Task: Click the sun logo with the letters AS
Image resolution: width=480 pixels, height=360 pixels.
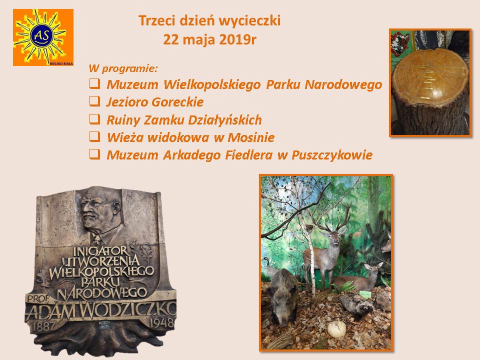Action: tap(43, 37)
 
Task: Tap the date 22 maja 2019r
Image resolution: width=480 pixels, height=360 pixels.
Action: tap(209, 39)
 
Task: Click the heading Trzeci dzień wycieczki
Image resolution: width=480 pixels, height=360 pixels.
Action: tap(209, 20)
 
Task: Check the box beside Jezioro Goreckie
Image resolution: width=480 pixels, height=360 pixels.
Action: tap(94, 101)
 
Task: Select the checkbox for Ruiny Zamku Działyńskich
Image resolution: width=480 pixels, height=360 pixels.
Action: tap(94, 119)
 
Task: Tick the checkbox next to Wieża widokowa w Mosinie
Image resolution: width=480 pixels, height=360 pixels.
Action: tap(94, 136)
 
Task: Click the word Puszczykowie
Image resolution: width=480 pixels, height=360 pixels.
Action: tap(332, 155)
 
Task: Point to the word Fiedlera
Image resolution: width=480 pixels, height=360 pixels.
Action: tap(248, 155)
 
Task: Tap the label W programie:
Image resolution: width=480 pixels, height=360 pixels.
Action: tap(123, 68)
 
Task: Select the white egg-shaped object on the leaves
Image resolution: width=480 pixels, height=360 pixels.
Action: tap(336, 329)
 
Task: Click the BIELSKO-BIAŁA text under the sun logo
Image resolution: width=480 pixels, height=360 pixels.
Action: tap(61, 63)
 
